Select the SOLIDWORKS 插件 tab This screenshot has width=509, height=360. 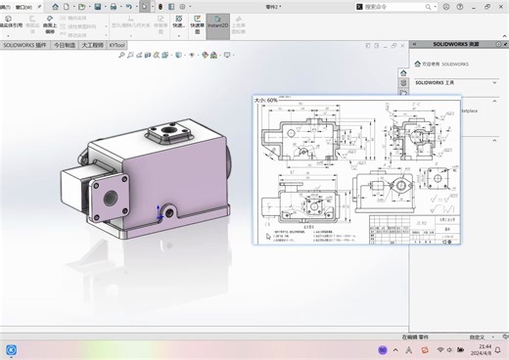point(24,45)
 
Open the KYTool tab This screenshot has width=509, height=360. point(116,45)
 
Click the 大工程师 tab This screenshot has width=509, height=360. point(93,45)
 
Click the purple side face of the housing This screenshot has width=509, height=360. point(186,176)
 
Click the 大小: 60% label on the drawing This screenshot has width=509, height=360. point(267,100)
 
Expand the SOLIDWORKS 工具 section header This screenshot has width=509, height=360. point(437,83)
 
